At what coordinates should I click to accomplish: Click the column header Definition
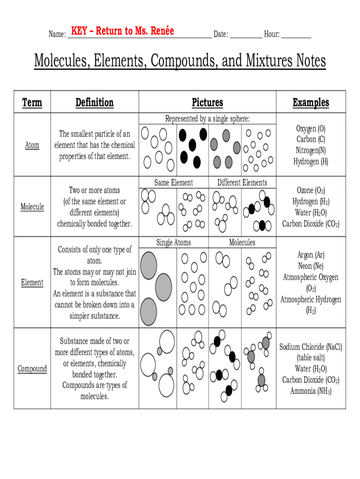pos(94,102)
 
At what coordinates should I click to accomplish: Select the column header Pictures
pos(208,102)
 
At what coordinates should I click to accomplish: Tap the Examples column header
pos(311,102)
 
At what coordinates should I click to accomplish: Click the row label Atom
pos(32,145)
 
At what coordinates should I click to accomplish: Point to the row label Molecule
pos(32,207)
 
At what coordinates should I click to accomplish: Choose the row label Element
pos(32,283)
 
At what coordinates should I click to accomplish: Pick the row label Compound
pos(32,369)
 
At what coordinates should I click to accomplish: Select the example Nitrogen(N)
pos(311,150)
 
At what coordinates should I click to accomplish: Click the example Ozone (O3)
pos(311,190)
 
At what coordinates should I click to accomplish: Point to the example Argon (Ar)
pos(311,255)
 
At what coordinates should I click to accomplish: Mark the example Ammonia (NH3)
pos(311,391)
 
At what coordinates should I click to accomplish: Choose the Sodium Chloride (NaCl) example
pos(311,347)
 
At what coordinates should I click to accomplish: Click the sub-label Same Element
pos(173,182)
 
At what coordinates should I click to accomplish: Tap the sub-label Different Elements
pos(242,182)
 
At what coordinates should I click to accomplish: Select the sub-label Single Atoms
pos(173,242)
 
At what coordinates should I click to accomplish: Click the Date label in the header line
pos(220,34)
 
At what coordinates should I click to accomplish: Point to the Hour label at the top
pos(272,34)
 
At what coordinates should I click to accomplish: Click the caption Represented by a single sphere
pos(208,119)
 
